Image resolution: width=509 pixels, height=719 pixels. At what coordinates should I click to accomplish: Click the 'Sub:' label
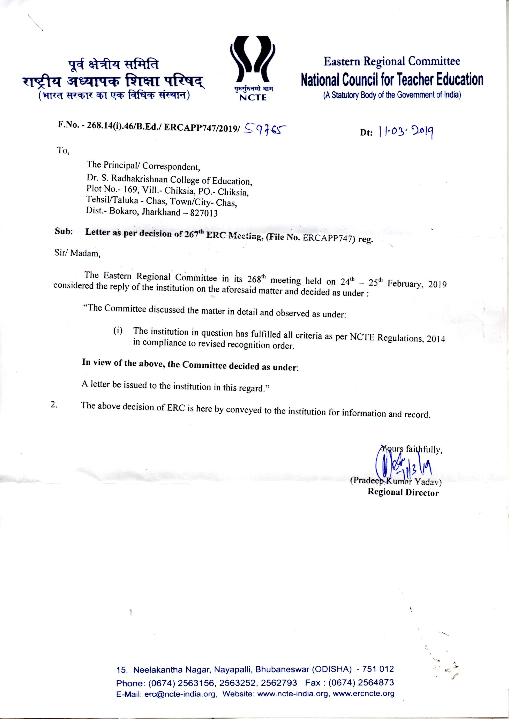[x=64, y=231]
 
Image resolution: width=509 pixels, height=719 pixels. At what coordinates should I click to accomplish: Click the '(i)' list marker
[x=118, y=331]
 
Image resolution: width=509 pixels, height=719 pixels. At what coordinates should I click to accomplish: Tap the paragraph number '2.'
[x=54, y=404]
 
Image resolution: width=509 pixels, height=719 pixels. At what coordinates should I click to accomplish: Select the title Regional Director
[x=403, y=492]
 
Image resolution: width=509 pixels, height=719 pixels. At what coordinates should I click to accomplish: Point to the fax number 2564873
[x=376, y=682]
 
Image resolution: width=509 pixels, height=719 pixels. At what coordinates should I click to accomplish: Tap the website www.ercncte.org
[x=363, y=694]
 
